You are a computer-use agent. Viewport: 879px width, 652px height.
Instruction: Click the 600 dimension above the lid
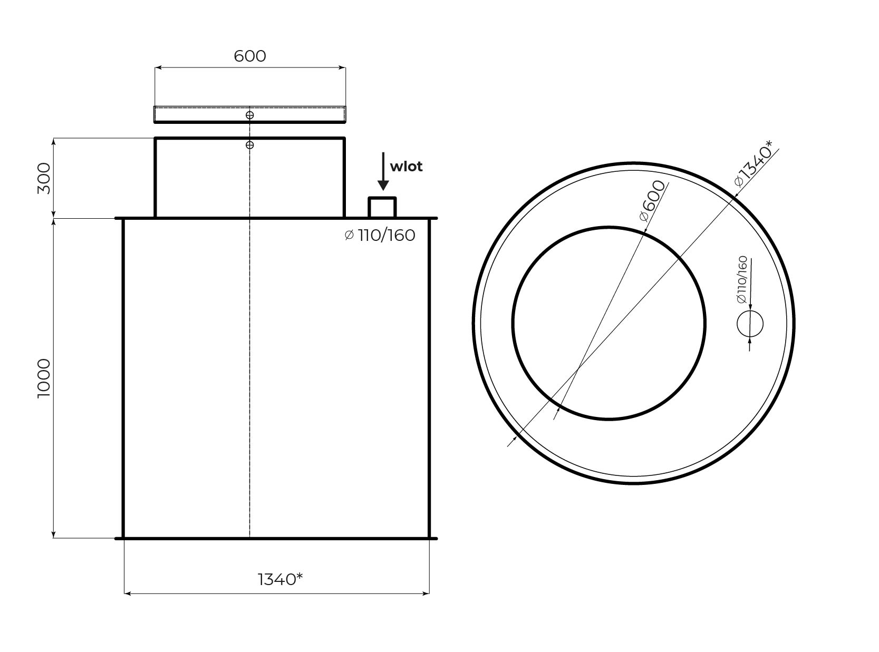tap(249, 56)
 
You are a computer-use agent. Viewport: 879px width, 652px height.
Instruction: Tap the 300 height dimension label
tap(44, 178)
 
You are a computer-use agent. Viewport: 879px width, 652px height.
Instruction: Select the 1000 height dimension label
tap(44, 378)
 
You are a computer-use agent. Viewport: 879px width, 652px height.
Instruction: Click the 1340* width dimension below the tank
tap(280, 579)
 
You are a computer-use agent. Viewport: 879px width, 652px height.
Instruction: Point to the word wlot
tap(406, 167)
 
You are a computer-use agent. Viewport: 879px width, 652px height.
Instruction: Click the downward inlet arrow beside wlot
tap(383, 171)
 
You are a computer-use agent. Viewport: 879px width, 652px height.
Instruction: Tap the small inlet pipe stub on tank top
tap(382, 207)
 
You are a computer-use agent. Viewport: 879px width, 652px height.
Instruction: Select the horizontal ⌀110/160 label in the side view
tap(380, 235)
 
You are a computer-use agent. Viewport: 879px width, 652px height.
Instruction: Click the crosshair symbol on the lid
tap(249, 115)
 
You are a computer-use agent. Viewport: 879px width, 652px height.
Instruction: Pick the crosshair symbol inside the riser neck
tap(249, 145)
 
